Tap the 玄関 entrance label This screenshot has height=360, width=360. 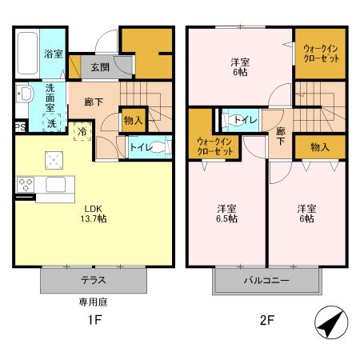click(x=100, y=67)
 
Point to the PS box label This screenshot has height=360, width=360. click(x=18, y=126)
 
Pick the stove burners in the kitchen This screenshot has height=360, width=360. click(x=26, y=184)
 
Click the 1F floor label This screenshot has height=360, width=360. click(x=93, y=323)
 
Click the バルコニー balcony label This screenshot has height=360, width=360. click(x=266, y=281)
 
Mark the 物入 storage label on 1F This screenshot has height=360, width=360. click(x=133, y=121)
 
